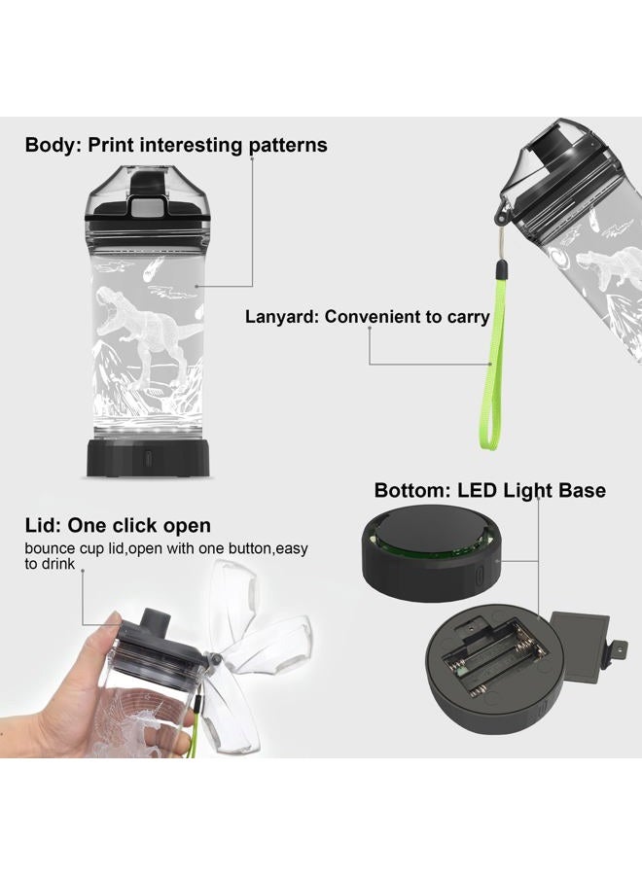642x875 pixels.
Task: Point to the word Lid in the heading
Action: pyautogui.click(x=43, y=526)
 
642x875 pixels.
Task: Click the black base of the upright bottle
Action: pyautogui.click(x=148, y=458)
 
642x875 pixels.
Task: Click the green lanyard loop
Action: pyautogui.click(x=494, y=363)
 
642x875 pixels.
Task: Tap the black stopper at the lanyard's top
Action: pyautogui.click(x=502, y=269)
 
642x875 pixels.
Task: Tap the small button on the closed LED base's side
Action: pyautogui.click(x=480, y=575)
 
